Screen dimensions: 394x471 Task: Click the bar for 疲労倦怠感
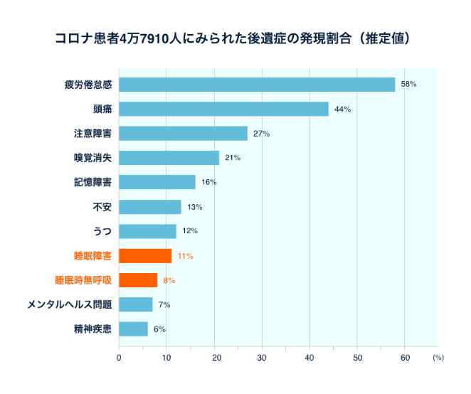[x=257, y=85]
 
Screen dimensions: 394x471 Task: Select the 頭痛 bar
[x=223, y=109]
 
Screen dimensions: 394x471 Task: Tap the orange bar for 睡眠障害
[x=145, y=256]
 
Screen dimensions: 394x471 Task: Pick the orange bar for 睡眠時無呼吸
[x=138, y=280]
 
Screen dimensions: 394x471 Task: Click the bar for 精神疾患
[x=133, y=329]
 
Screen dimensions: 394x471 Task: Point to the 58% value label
[x=408, y=85]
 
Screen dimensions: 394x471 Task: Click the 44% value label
[x=342, y=109]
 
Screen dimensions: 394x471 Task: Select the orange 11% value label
[x=185, y=256]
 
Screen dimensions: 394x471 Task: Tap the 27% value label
[x=261, y=134]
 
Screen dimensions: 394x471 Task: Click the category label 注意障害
[x=92, y=134]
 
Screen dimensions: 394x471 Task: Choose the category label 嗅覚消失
[x=92, y=158]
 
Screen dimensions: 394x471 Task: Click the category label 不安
[x=102, y=207]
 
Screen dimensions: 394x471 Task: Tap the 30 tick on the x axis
[x=262, y=358]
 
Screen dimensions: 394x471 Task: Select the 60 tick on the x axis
[x=405, y=358]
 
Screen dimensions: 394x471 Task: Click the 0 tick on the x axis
[x=119, y=358]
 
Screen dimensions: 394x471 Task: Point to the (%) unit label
[x=438, y=358]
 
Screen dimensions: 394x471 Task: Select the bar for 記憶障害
[x=157, y=183]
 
